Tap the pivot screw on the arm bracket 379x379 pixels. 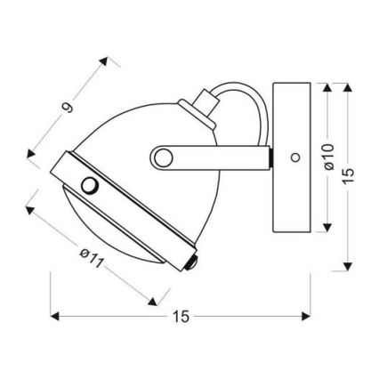(x=162, y=157)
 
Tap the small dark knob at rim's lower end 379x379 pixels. (x=189, y=263)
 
